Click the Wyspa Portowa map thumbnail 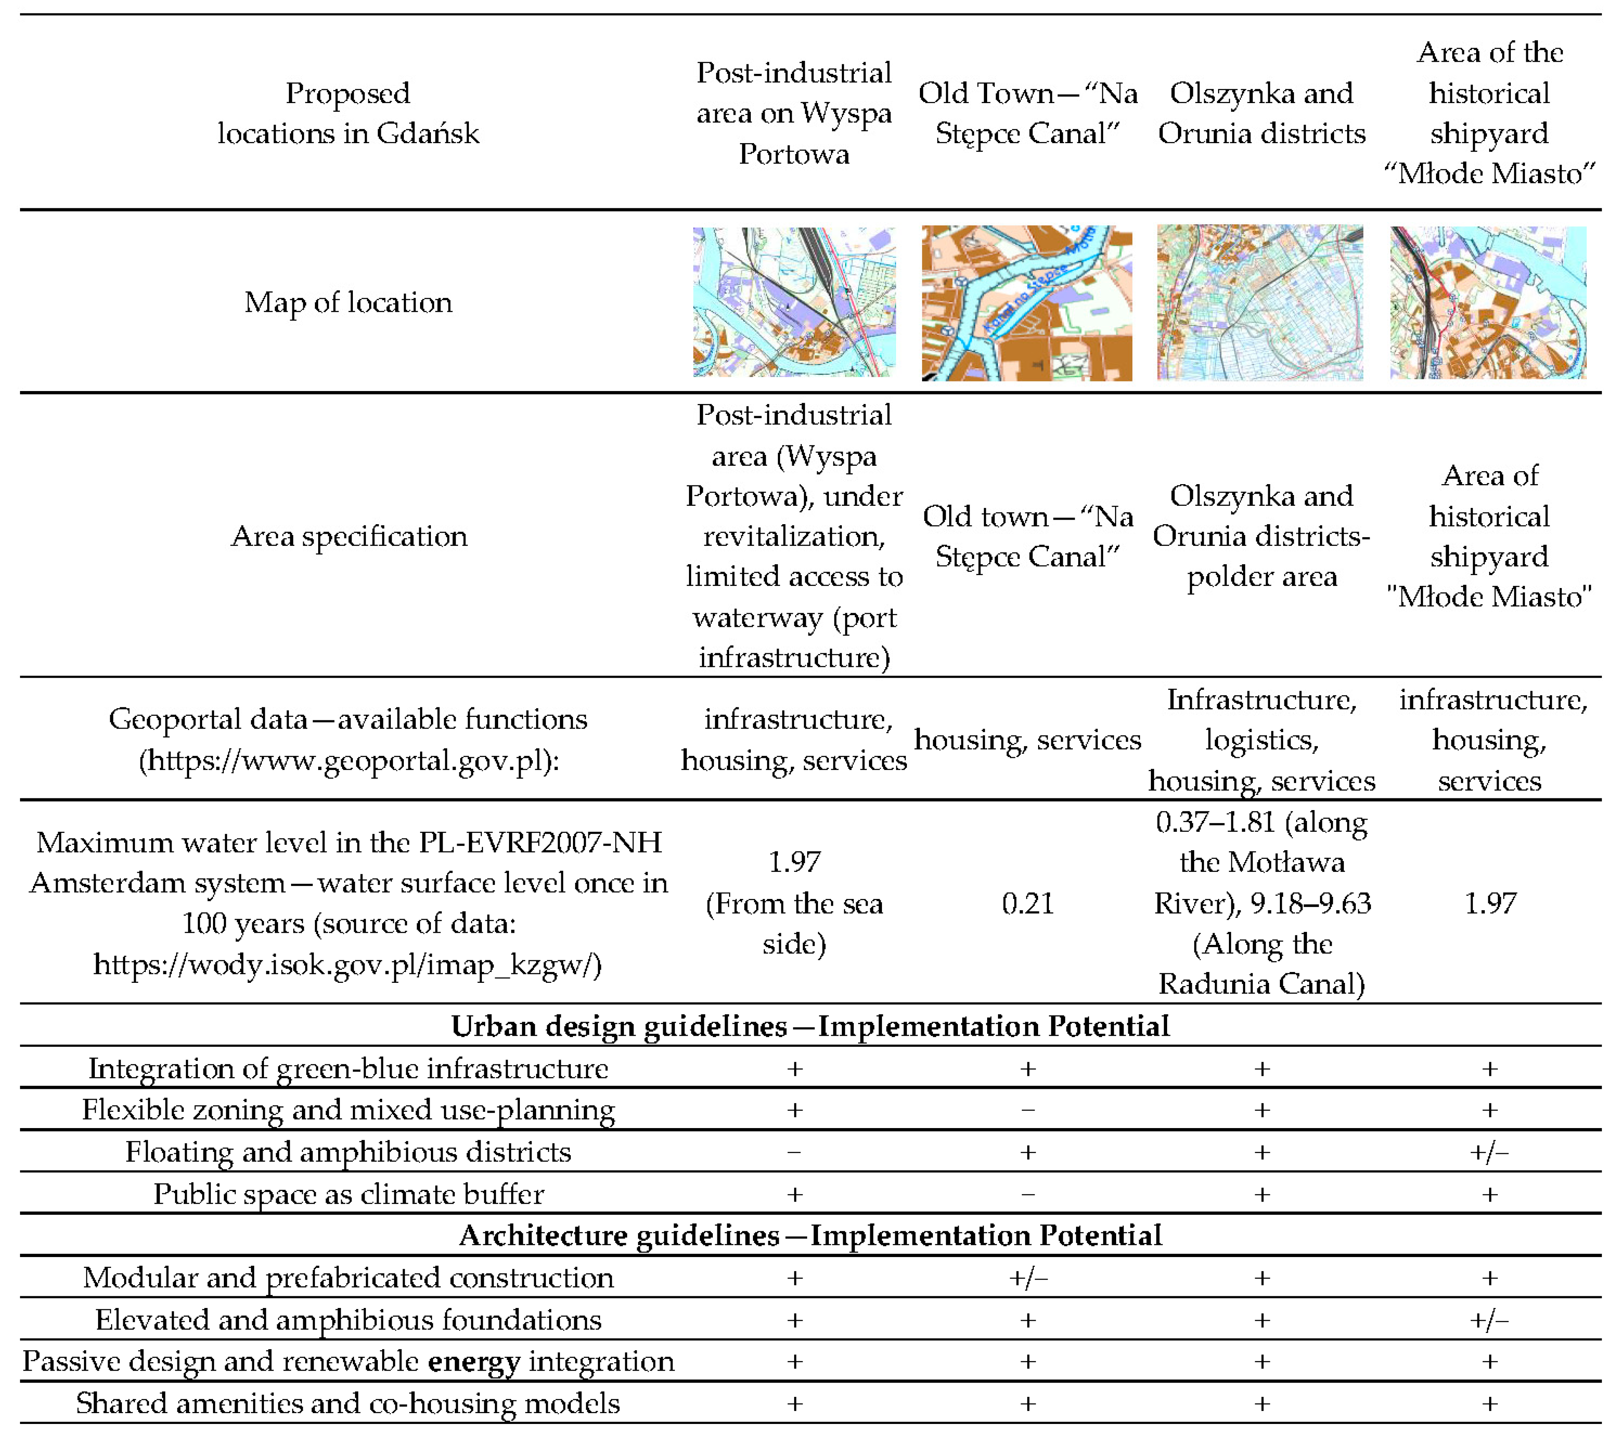[x=794, y=302]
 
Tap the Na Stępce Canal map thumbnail [x=1027, y=303]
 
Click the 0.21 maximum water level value [x=1028, y=903]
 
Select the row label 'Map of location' [x=348, y=302]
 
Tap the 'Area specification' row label [x=349, y=536]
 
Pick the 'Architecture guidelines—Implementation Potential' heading [x=810, y=1235]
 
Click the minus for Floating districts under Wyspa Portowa [x=794, y=1152]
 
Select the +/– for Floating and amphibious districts [x=1489, y=1152]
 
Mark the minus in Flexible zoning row [x=1028, y=1110]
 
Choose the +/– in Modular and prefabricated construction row [x=1028, y=1278]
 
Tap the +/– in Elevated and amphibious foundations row [x=1489, y=1320]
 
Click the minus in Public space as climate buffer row [x=1028, y=1194]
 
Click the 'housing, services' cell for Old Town [x=1028, y=739]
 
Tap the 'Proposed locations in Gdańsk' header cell [x=348, y=113]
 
